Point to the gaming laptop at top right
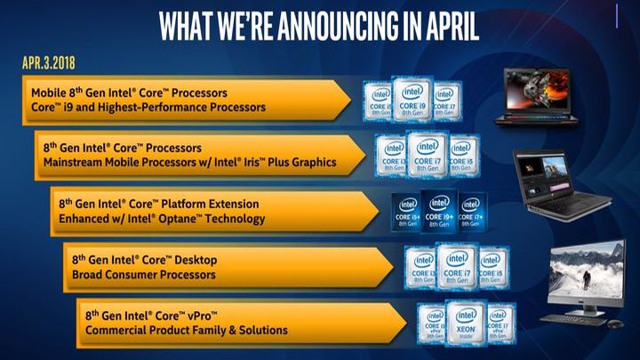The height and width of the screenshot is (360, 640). pos(535,92)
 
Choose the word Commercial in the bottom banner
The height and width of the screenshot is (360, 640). pos(119,331)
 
